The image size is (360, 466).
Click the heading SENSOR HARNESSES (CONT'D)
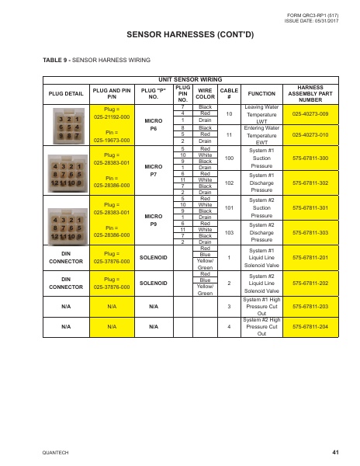(180, 35)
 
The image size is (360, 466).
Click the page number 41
(335, 451)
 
